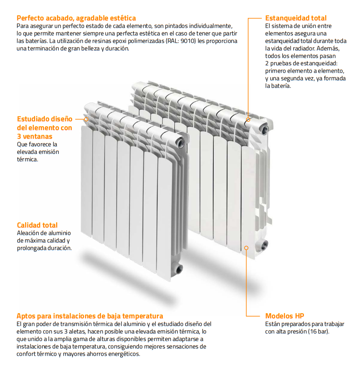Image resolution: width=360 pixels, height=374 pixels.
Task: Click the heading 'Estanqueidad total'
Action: pos(295,18)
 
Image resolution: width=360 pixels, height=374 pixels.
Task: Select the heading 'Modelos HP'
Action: pos(284,316)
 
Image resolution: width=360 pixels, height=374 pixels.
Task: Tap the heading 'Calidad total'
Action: pos(37,225)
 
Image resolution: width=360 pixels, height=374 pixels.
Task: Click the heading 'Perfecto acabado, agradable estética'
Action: pos(76,18)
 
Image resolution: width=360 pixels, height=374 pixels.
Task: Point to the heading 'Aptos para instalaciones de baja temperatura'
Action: pos(90,316)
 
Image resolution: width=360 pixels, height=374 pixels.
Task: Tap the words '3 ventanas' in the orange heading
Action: pos(34,136)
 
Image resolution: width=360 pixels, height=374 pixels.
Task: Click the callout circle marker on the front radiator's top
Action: pos(86,119)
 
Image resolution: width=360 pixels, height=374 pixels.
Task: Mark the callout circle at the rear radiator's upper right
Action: pos(247,120)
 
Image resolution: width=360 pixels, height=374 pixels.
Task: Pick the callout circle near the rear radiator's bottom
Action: pos(246,247)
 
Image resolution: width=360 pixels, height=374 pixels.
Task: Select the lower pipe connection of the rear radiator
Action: pos(265,244)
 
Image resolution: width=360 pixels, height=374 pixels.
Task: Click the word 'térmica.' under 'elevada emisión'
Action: pos(27,160)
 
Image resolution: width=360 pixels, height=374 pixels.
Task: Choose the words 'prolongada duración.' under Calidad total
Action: pos(44,248)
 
